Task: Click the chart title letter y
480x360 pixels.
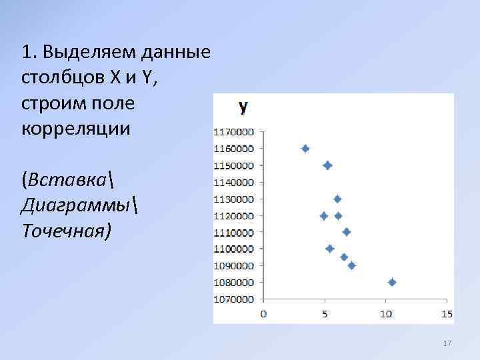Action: point(243,106)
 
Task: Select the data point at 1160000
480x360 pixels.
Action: point(305,149)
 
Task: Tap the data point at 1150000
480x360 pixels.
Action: point(327,165)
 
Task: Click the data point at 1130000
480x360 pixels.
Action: point(337,199)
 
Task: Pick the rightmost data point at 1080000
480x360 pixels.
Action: point(392,282)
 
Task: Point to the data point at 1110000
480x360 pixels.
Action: point(347,232)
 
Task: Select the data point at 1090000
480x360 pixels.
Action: point(351,265)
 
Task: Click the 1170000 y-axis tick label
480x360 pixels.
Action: point(233,131)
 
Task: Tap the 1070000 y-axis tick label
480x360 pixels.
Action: point(233,299)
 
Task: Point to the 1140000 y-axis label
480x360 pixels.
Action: point(233,182)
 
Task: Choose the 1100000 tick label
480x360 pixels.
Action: point(233,249)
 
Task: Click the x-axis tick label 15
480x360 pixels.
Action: point(447,314)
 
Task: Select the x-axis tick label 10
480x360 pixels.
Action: point(385,314)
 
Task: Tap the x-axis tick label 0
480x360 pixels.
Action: point(263,314)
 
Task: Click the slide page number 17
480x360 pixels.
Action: point(447,343)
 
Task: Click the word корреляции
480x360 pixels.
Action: point(77,129)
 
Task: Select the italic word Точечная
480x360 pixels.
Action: point(67,231)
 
